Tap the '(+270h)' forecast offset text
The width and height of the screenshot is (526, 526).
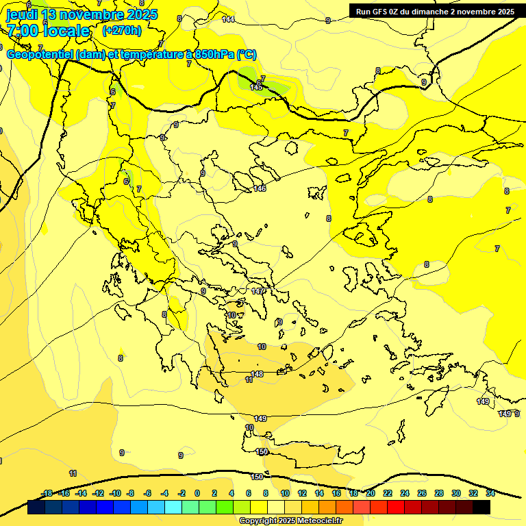[x=121, y=30]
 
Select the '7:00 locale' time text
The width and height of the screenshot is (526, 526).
[x=48, y=31]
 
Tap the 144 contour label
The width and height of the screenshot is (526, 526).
[x=228, y=19]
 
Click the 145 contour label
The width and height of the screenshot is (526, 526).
[x=256, y=87]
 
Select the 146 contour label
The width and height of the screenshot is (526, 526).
[x=260, y=188]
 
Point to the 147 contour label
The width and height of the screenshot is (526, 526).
[x=258, y=291]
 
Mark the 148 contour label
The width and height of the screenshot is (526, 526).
[x=257, y=374]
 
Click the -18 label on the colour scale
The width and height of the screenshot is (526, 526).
[x=47, y=493]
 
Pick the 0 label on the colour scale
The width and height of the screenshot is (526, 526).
[x=197, y=493]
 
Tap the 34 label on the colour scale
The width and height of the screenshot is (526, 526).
[x=490, y=493]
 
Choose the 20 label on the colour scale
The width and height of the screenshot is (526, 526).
[x=371, y=493]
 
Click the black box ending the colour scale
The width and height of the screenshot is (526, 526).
[x=481, y=507]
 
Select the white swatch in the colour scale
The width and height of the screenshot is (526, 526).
[x=276, y=507]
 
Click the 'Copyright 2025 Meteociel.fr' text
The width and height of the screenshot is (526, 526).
[x=290, y=521]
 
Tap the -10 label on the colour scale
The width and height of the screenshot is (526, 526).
[x=114, y=493]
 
